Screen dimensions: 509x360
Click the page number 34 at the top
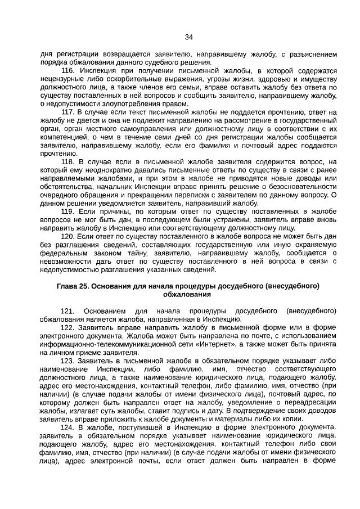coord(189,37)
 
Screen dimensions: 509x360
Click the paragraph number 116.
coord(67,71)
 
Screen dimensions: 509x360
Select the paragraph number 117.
coord(67,112)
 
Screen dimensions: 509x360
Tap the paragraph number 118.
coord(67,162)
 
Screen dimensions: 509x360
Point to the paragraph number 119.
coord(67,211)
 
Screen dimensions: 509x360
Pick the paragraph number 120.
coord(67,236)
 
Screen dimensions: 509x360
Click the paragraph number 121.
coord(67,311)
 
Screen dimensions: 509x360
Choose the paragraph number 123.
coord(67,361)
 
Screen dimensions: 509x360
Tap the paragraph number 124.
coord(67,427)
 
